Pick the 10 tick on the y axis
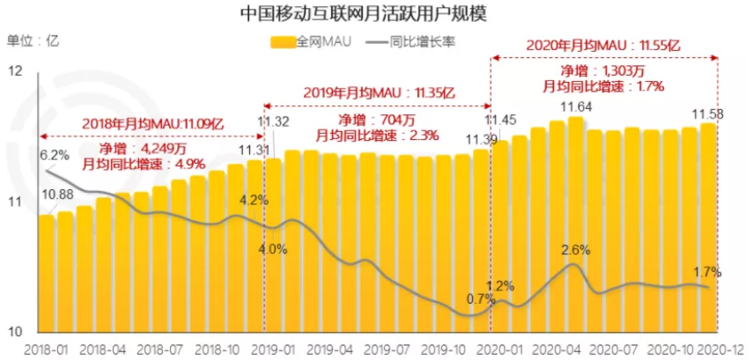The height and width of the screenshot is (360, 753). [16, 332]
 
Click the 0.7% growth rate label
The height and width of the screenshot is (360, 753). [481, 299]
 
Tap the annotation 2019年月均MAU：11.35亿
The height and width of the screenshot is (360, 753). [380, 92]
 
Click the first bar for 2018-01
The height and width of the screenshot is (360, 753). [46, 273]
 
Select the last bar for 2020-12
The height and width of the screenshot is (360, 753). [707, 229]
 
